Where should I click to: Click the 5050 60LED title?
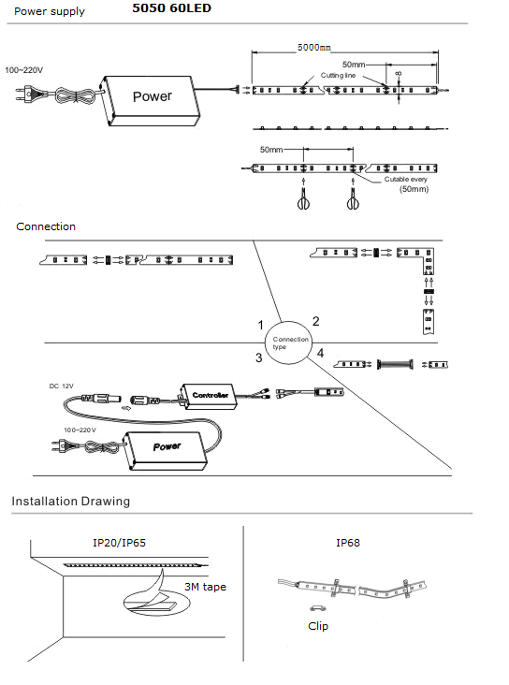tap(172, 8)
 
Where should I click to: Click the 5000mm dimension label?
tap(314, 47)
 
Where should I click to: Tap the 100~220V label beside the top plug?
tap(24, 70)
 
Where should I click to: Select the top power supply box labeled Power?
tap(152, 100)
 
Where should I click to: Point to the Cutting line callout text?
tap(338, 75)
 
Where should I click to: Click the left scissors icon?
tap(303, 198)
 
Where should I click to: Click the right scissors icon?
tap(353, 198)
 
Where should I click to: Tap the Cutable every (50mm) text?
tap(406, 184)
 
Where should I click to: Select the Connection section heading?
tap(46, 226)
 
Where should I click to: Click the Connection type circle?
tap(288, 342)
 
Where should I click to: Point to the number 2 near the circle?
tap(316, 322)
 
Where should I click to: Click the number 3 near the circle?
tap(258, 357)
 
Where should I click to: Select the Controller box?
tap(208, 396)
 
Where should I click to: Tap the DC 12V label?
tap(61, 386)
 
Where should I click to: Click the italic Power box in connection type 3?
tap(165, 450)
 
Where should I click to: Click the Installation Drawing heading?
tap(71, 501)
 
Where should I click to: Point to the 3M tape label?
tap(205, 587)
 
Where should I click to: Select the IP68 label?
tap(348, 543)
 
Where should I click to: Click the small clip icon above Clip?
tap(317, 607)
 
